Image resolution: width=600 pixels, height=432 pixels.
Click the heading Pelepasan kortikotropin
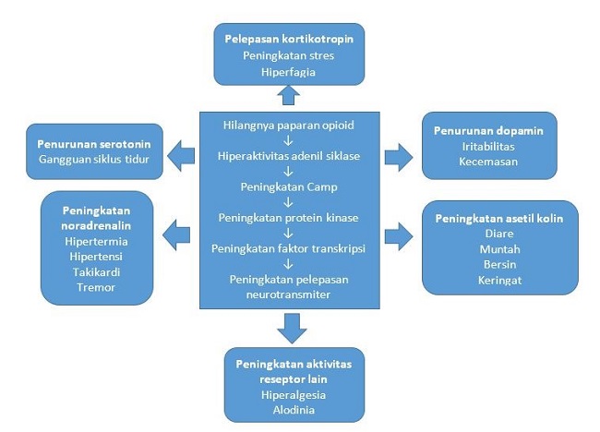[x=288, y=39]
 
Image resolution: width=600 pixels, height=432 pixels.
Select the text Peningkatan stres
[x=288, y=55]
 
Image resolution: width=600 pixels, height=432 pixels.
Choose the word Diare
[x=498, y=234]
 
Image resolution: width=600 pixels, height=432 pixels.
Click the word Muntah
[x=498, y=250]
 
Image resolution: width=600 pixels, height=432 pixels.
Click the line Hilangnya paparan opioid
[x=289, y=124]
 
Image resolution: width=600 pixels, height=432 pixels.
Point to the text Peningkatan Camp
[x=289, y=187]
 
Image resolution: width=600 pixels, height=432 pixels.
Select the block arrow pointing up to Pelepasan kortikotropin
[x=288, y=95]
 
